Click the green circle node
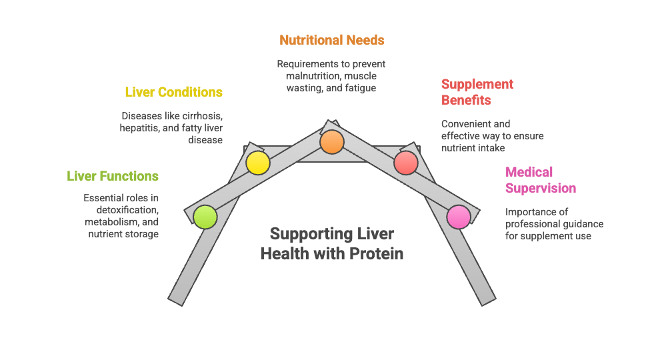click(x=205, y=217)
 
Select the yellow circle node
click(x=257, y=163)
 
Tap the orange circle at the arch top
click(x=331, y=142)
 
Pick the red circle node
click(x=405, y=163)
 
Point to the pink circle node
click(x=458, y=217)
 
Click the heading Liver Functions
click(x=113, y=176)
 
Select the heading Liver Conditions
click(x=173, y=92)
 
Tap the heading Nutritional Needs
click(x=331, y=40)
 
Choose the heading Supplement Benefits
click(x=477, y=92)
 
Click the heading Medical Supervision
click(x=540, y=180)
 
